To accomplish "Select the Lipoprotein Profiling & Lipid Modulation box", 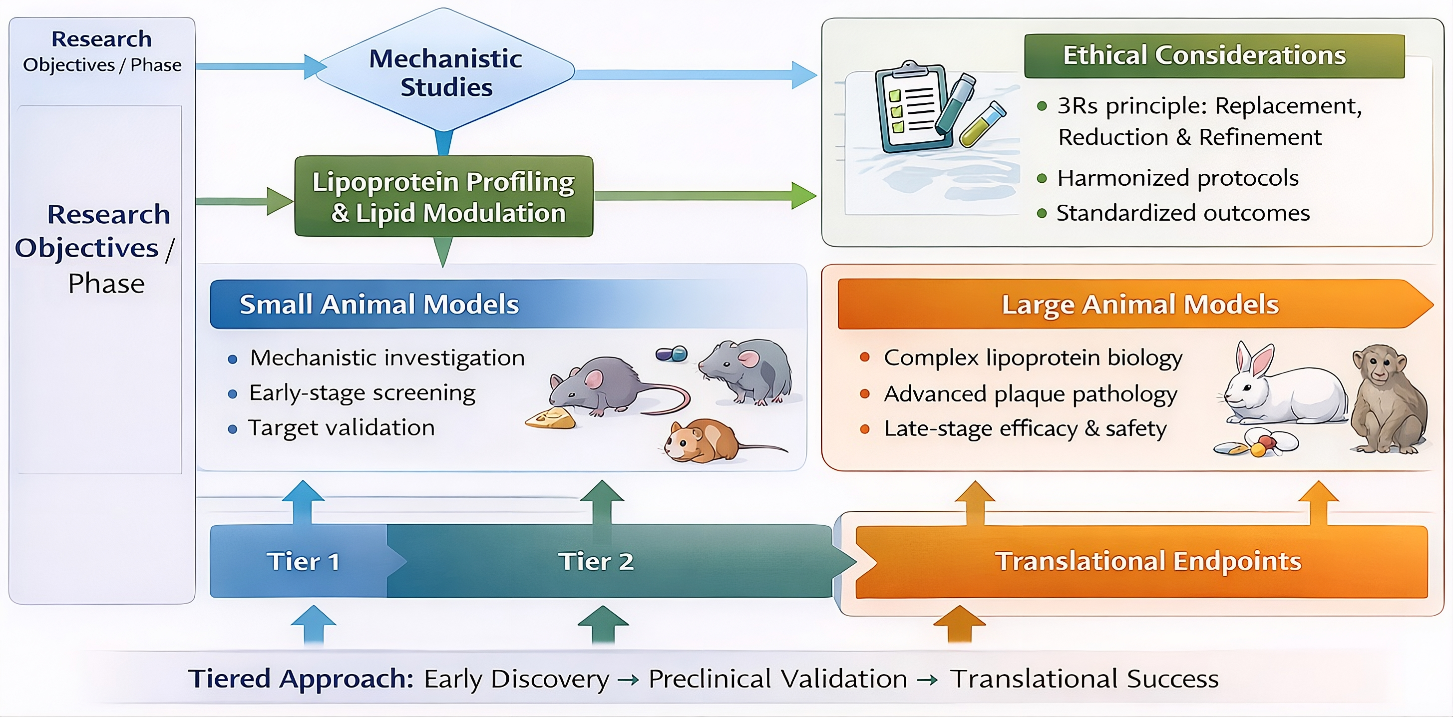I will coord(444,197).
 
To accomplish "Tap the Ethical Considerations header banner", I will coord(1214,56).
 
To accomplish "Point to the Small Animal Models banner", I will coord(379,305).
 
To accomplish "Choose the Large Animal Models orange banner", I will coord(1139,305).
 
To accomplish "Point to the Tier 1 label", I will coord(304,562).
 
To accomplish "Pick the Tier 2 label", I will coord(596,562).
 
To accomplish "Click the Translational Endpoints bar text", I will coord(1148,562).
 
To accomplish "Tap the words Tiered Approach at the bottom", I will coord(301,679).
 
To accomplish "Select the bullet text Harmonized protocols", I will coord(1178,178).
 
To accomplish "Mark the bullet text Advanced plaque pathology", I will coord(1031,394).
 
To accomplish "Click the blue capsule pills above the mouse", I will coord(671,354).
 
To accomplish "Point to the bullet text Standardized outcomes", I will coord(1183,213).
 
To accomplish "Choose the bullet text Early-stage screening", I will coord(362,393).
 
